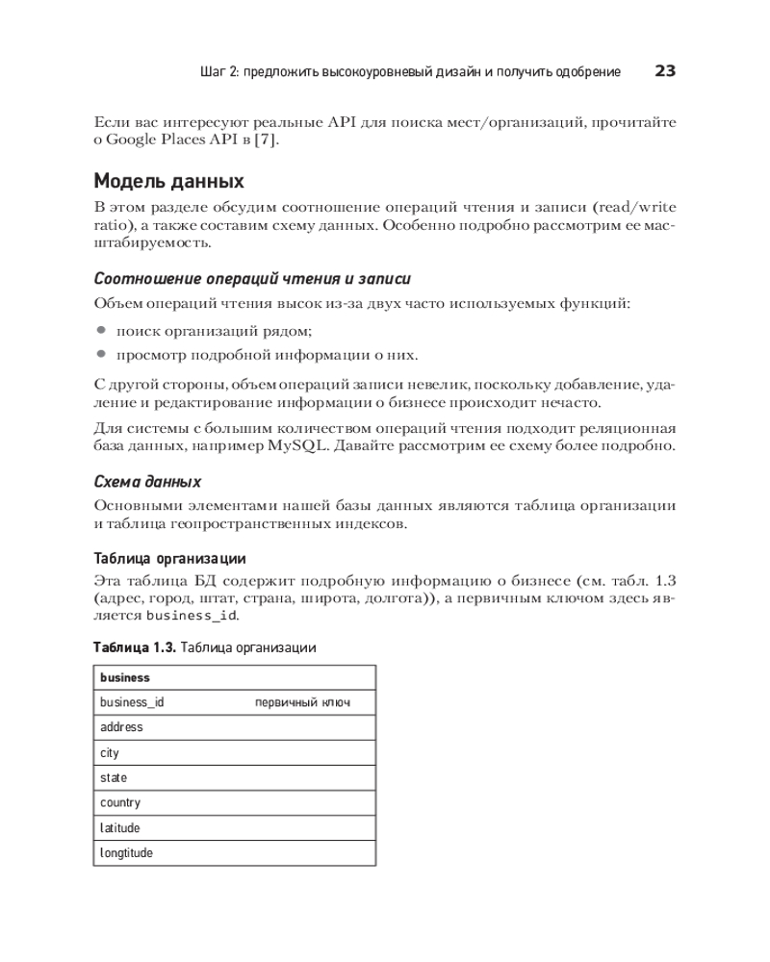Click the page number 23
(665, 70)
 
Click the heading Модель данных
(167, 181)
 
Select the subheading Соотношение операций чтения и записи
(252, 279)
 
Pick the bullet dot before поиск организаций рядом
(100, 330)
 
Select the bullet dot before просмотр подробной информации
(100, 354)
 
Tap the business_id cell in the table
(132, 702)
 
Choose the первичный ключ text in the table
(302, 703)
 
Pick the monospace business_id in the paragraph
(191, 615)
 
